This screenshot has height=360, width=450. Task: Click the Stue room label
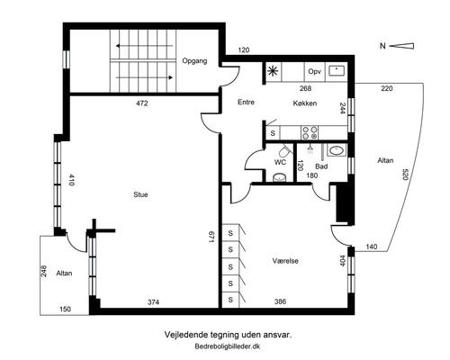pyautogui.click(x=140, y=194)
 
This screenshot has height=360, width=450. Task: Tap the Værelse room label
pyautogui.click(x=285, y=261)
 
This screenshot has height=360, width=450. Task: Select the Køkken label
pyautogui.click(x=305, y=103)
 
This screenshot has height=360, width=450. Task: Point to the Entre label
pyautogui.click(x=246, y=102)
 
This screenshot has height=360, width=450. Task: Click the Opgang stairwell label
pyautogui.click(x=194, y=61)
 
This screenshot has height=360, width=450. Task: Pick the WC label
pyautogui.click(x=280, y=162)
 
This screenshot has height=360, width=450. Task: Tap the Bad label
pyautogui.click(x=321, y=166)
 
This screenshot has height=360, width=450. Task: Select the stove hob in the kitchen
pyautogui.click(x=310, y=132)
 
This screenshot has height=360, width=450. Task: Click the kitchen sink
pyautogui.click(x=337, y=71)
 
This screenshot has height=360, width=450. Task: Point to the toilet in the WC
pyautogui.click(x=284, y=151)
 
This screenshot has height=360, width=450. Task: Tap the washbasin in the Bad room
pyautogui.click(x=337, y=150)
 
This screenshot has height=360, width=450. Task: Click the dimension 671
pyautogui.click(x=211, y=237)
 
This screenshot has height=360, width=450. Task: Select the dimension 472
pyautogui.click(x=142, y=103)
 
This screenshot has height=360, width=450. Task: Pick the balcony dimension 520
pyautogui.click(x=405, y=175)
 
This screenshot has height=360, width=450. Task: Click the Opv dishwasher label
pyautogui.click(x=314, y=72)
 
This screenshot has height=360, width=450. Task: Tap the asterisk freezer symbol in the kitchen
pyautogui.click(x=273, y=71)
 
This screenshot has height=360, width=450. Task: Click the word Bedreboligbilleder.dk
pyautogui.click(x=228, y=346)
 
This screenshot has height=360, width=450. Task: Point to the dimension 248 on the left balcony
pyautogui.click(x=44, y=271)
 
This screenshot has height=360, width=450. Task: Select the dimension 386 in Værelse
pyautogui.click(x=281, y=301)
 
